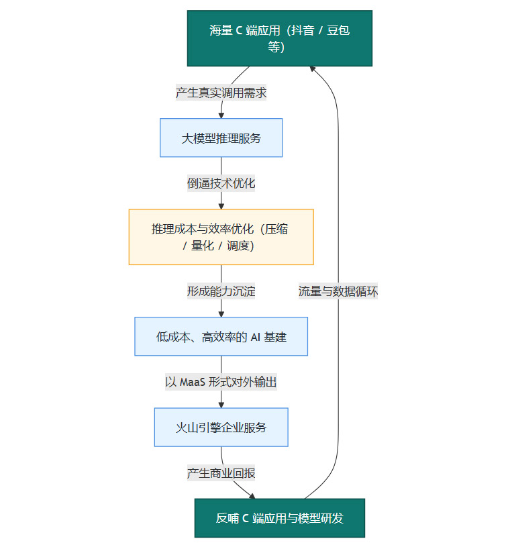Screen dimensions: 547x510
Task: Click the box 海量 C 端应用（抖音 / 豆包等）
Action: (x=279, y=38)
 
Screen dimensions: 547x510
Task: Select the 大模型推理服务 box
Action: (x=221, y=138)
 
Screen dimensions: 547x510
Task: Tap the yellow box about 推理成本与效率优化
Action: (x=221, y=237)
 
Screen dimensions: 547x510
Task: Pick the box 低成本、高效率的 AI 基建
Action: (x=221, y=336)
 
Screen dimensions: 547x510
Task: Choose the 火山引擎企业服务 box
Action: (x=221, y=427)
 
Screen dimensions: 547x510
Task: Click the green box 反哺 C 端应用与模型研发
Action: (x=279, y=518)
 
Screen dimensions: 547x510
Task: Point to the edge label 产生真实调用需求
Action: (x=221, y=93)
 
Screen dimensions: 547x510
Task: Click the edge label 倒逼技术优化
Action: (x=221, y=183)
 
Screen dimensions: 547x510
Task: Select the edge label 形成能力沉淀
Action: (x=221, y=291)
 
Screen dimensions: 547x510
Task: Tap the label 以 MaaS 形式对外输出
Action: (x=221, y=382)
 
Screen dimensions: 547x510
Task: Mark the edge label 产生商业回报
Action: (x=221, y=473)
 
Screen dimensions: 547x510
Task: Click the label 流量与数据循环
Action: (x=338, y=291)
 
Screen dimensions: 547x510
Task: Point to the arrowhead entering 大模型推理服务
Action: (x=221, y=115)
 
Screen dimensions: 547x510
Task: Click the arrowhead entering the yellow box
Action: (x=221, y=205)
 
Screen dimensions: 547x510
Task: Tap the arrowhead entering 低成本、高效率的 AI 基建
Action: (x=221, y=313)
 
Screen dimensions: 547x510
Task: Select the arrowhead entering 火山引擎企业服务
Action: (x=221, y=404)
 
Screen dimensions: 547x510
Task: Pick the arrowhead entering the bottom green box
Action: (x=252, y=496)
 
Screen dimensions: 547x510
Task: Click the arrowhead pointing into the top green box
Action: (x=312, y=68)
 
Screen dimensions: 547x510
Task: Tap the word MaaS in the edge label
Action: (x=194, y=382)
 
